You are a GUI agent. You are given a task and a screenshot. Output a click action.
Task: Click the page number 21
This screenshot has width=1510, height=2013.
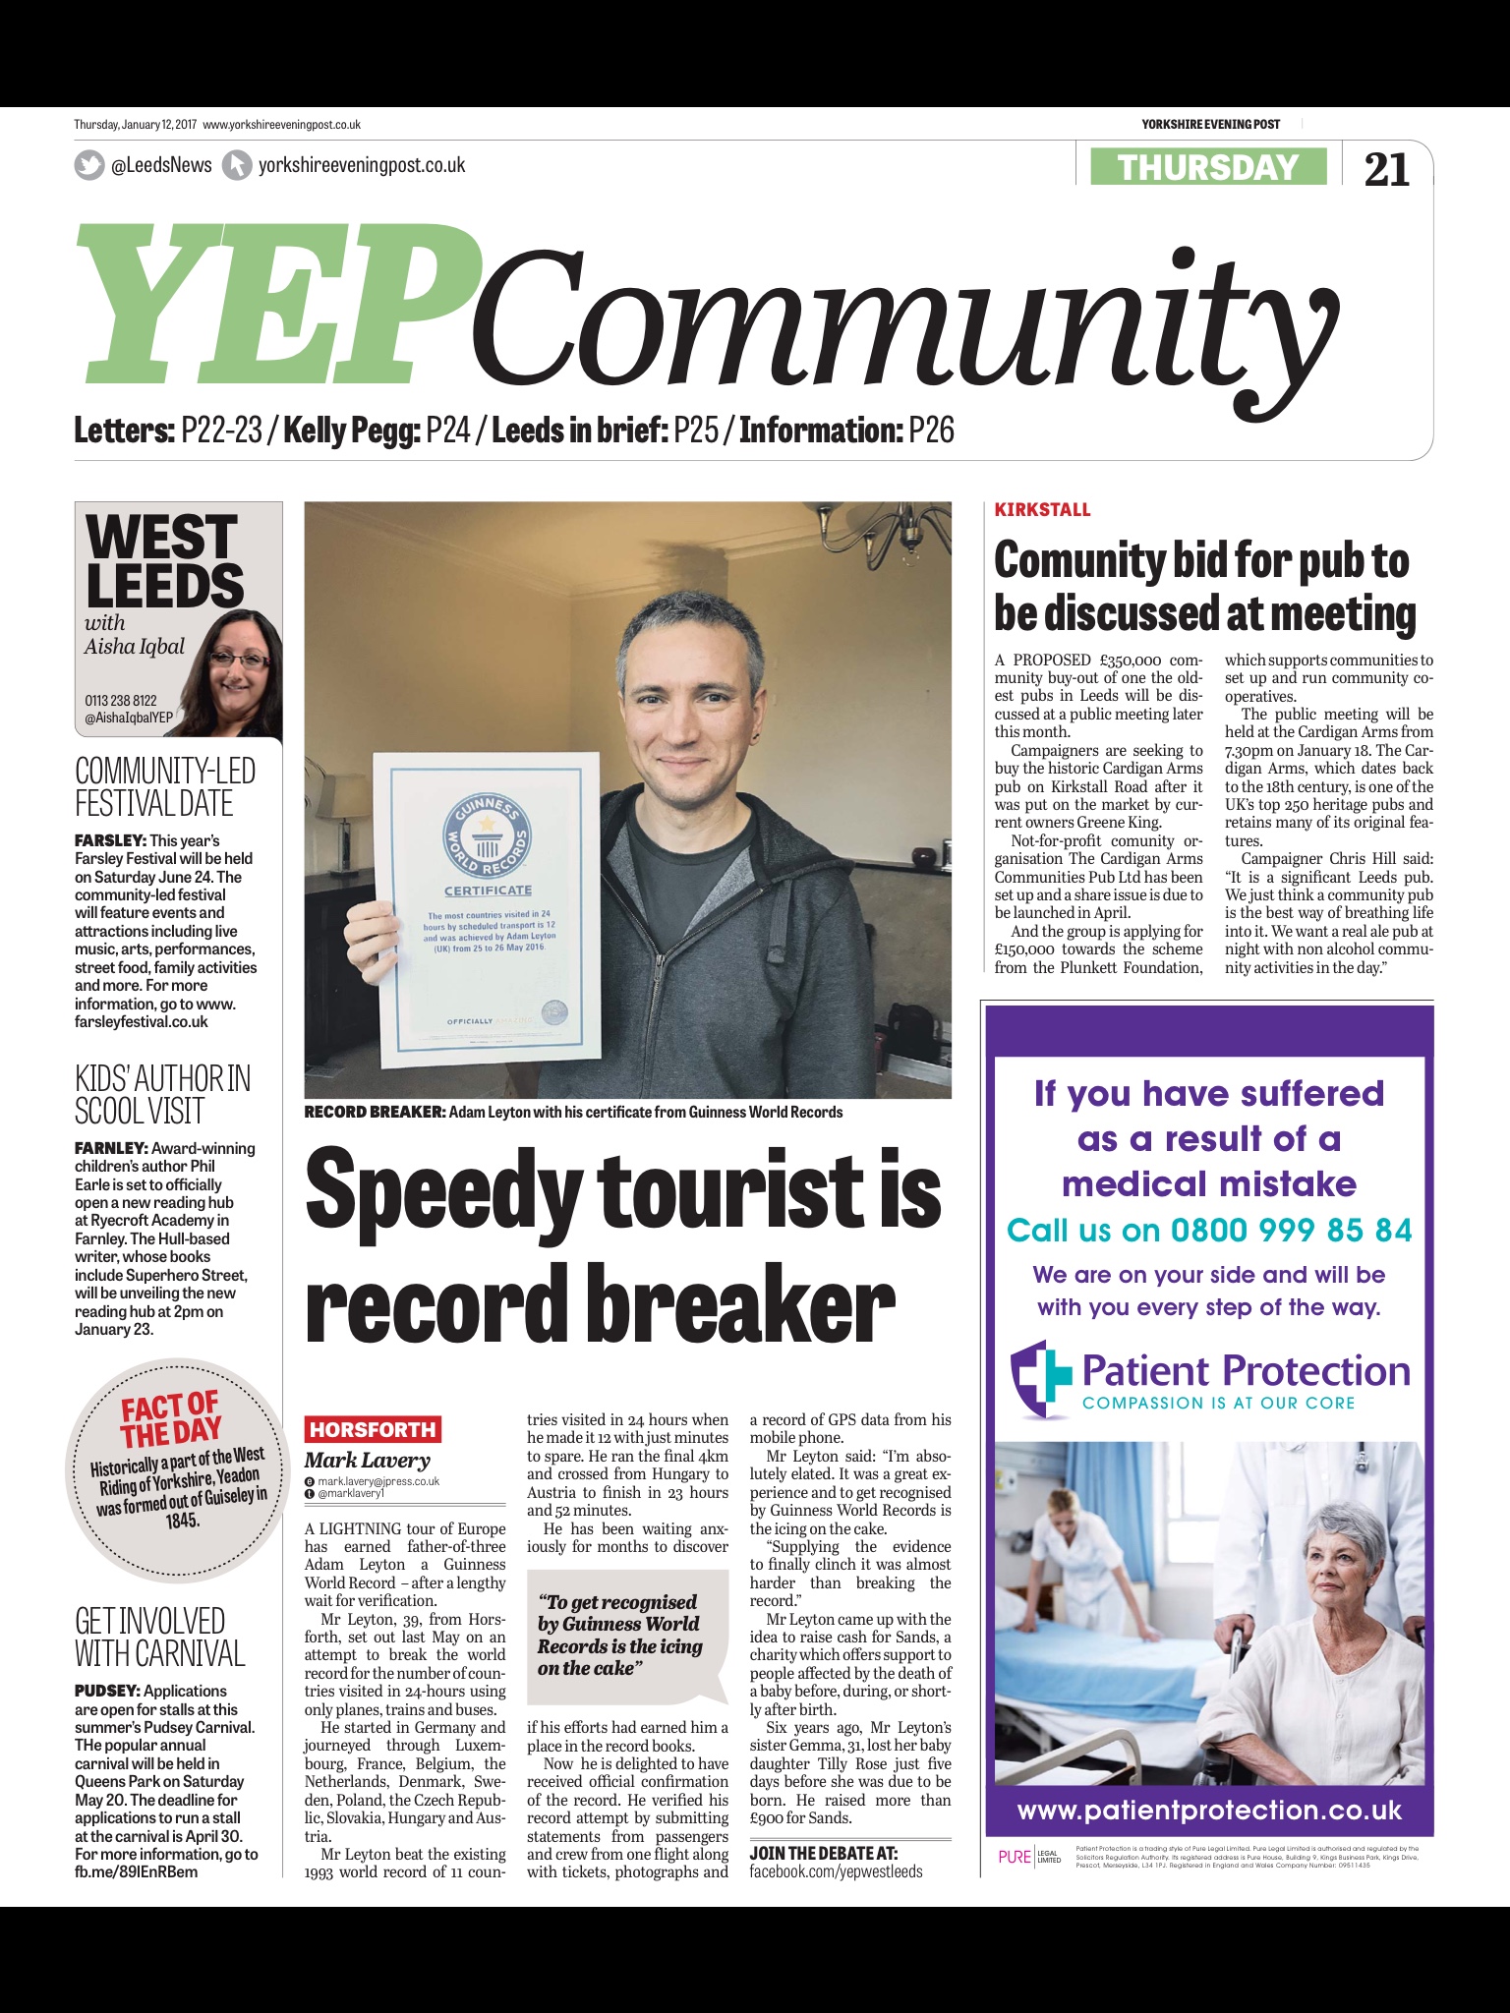1386,168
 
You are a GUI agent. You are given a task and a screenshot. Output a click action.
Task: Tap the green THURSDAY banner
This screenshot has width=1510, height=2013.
1208,167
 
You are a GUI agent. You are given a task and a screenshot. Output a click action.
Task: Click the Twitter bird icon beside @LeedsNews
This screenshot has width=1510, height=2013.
89,165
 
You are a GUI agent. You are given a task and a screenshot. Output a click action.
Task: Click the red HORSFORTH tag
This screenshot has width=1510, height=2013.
373,1429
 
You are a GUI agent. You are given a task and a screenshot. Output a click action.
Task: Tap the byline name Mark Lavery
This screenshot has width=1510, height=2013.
367,1460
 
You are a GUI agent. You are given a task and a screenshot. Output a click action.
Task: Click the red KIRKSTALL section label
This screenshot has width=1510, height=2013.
1042,509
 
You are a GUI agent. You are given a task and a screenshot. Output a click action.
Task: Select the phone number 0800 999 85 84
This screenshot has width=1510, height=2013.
1291,1230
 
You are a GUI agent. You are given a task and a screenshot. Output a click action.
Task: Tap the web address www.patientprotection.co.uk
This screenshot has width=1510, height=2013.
1209,1810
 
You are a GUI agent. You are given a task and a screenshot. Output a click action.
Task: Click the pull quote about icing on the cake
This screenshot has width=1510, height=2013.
619,1635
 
